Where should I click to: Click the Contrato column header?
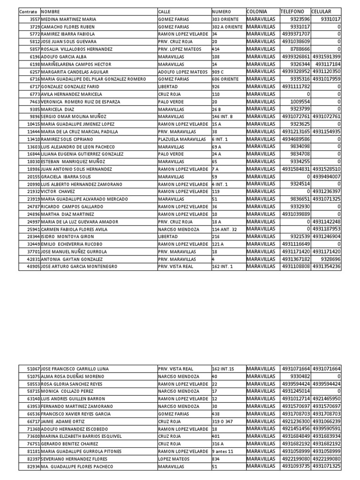tap(29, 11)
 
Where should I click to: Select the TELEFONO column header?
tap(292, 11)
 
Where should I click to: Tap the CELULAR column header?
tap(321, 11)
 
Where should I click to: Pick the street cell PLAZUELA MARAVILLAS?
tap(181, 139)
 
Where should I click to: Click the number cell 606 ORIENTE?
tap(225, 79)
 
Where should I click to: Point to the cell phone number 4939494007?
tap(327, 176)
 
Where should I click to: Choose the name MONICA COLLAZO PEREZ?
tap(67, 391)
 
